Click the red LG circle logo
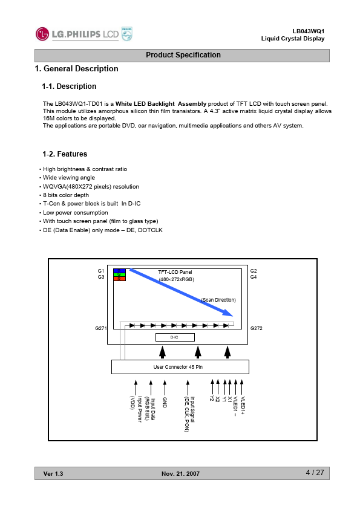(42, 34)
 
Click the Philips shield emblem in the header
(126, 34)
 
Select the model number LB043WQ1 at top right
(309, 31)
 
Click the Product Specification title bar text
(183, 55)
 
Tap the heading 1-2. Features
(65, 154)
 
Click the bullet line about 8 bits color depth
(66, 195)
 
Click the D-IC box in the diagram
(175, 337)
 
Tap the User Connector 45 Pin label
(178, 367)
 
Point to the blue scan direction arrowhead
(227, 313)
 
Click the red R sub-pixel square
(119, 279)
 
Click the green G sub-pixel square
(119, 274)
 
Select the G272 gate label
(257, 328)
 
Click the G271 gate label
(100, 328)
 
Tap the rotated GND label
(165, 403)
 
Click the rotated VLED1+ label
(243, 406)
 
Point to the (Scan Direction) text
(218, 300)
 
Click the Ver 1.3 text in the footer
(53, 473)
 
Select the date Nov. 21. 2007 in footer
(181, 473)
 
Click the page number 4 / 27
(315, 473)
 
